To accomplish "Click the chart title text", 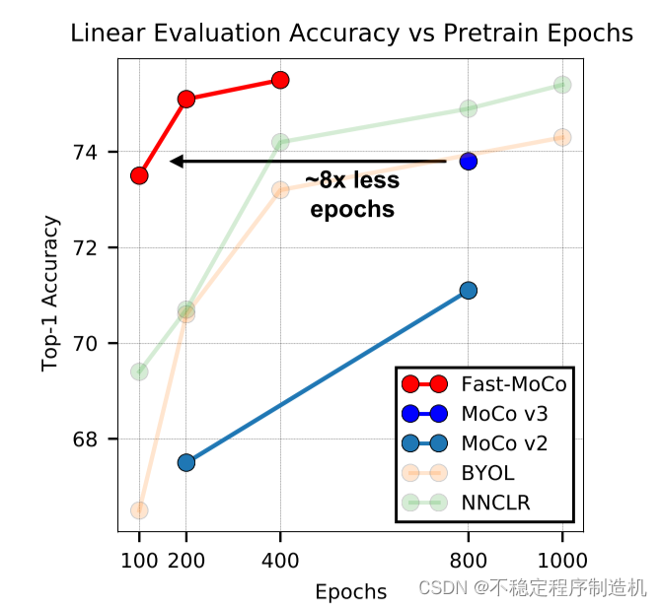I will coord(351,34).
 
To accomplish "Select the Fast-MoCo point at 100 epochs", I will coord(139,175).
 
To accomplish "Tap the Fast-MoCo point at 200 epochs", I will coord(186,99).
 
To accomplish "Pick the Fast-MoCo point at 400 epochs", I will coord(280,80).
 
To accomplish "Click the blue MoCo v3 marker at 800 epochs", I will coord(469,161).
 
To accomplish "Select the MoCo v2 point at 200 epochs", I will coord(186,462).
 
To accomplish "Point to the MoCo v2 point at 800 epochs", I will coord(469,290).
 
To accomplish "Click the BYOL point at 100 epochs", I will coord(139,510).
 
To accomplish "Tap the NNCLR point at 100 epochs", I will coord(139,371).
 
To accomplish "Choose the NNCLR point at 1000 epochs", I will coord(562,85).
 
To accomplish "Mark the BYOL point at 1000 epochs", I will coord(562,137).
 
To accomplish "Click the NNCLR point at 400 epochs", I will coord(280,142).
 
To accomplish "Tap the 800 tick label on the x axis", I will coord(469,562).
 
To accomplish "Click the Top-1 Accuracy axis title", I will coord(50,293).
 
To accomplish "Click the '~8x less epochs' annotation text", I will coord(352,194).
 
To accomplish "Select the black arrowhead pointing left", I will coord(176,161).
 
